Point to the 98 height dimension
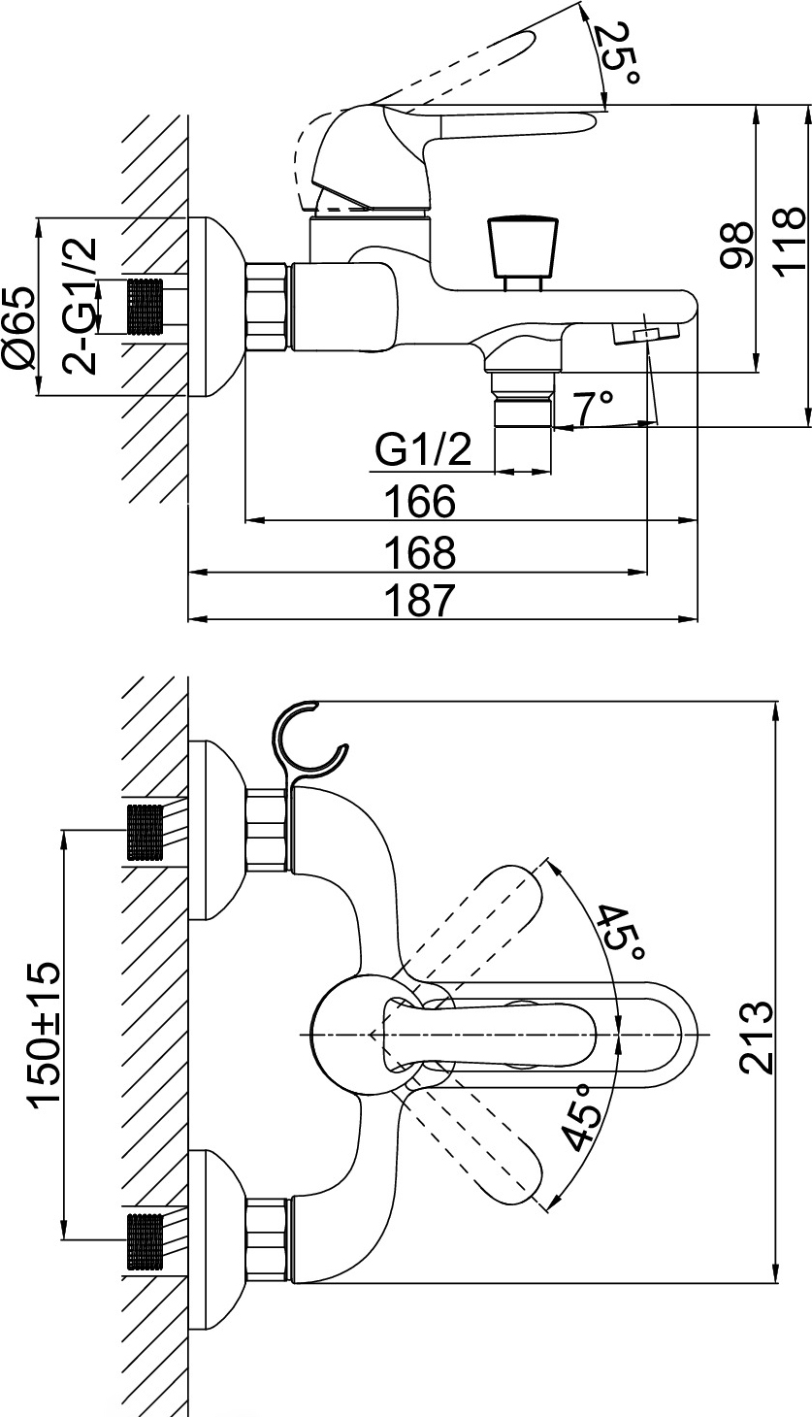coord(736,246)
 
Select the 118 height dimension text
coord(790,240)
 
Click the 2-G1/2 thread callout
coord(81,307)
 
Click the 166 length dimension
coord(420,501)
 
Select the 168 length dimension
coord(420,552)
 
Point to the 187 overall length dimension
coord(420,600)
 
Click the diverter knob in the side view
coord(524,253)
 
